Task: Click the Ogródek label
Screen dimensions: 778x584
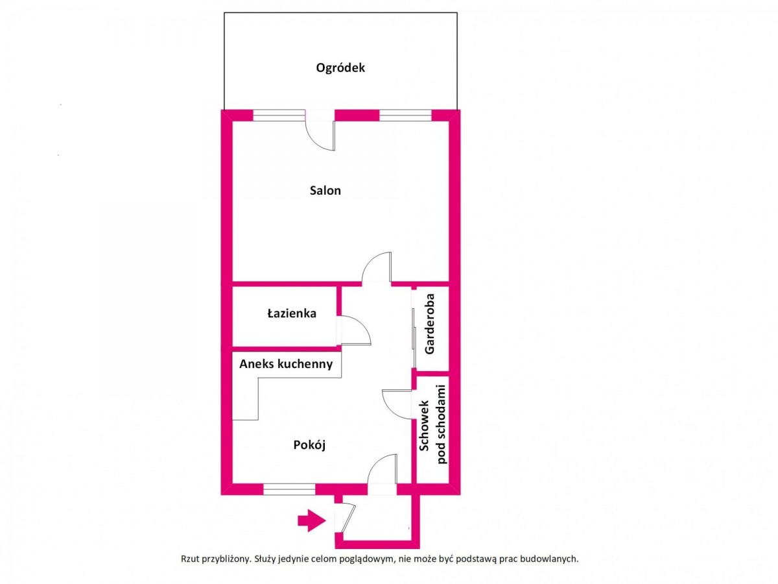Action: pyautogui.click(x=340, y=68)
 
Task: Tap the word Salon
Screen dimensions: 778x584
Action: pyautogui.click(x=325, y=191)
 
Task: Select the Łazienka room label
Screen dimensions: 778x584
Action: pyautogui.click(x=292, y=313)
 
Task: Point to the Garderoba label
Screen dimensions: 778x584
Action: pyautogui.click(x=430, y=324)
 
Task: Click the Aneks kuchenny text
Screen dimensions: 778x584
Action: pyautogui.click(x=286, y=364)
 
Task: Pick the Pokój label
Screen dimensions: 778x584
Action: pyautogui.click(x=309, y=445)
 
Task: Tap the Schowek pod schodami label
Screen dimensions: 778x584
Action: pyautogui.click(x=433, y=424)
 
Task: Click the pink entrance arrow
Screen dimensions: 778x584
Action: pyautogui.click(x=312, y=520)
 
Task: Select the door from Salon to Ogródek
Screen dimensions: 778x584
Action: pyautogui.click(x=320, y=130)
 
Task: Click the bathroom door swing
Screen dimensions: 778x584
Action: pyautogui.click(x=355, y=330)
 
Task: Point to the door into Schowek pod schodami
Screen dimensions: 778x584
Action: pyautogui.click(x=397, y=404)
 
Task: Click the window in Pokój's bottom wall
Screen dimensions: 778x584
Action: pyautogui.click(x=289, y=489)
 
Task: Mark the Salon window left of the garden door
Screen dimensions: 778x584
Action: pyautogui.click(x=279, y=116)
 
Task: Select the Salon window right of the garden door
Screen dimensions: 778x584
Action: pyautogui.click(x=405, y=116)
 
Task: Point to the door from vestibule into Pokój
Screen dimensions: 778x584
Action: pyautogui.click(x=382, y=470)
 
